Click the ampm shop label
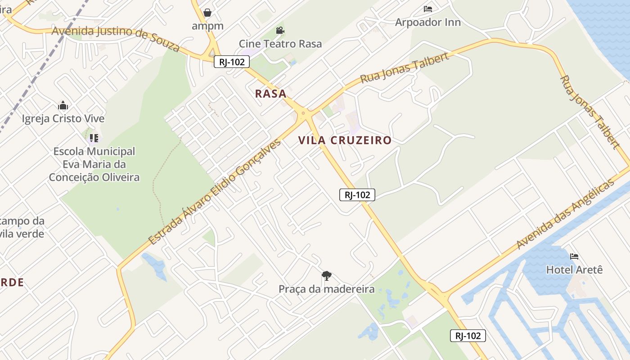point(207,26)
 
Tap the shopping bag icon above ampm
point(207,12)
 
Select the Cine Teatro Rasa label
point(280,44)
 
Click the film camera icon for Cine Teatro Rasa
point(280,31)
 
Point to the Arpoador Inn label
point(427,22)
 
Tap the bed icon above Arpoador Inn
point(427,9)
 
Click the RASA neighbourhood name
point(270,94)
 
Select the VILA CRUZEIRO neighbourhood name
point(345,140)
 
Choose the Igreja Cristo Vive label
point(63,119)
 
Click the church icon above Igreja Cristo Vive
point(63,106)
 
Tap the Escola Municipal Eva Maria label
point(94,164)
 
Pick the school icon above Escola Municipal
point(94,138)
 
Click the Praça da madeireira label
point(326,289)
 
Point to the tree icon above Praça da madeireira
point(327,275)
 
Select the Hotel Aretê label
point(574,270)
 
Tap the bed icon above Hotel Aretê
point(574,256)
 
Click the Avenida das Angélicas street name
point(565,214)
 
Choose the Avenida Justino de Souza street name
point(116,38)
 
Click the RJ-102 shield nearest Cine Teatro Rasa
point(231,62)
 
